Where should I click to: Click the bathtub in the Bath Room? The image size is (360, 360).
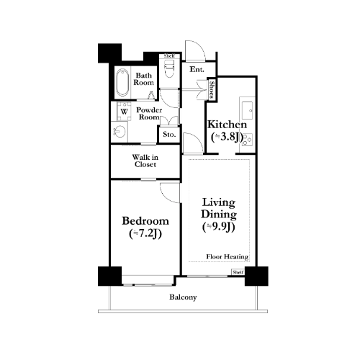122,82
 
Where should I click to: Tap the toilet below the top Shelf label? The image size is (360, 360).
169,68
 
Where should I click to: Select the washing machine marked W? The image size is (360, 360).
124,112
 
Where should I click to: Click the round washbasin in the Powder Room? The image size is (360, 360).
120,132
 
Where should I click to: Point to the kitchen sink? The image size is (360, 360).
247,110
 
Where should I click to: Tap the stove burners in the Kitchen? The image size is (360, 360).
247,140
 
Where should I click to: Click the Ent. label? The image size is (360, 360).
197,70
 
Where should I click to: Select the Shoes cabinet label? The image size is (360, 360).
212,89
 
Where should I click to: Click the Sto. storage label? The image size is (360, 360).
169,135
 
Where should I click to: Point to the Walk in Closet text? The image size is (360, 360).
145,161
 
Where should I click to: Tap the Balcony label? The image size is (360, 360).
183,297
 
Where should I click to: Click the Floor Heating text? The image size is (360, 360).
228,257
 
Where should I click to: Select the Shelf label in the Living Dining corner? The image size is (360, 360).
238,272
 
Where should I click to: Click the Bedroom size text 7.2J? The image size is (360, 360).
145,234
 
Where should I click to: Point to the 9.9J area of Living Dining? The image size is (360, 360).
218,227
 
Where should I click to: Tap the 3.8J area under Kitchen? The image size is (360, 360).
227,138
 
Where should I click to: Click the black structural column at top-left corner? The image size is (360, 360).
109,53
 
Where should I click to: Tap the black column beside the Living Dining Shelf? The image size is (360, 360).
256,276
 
